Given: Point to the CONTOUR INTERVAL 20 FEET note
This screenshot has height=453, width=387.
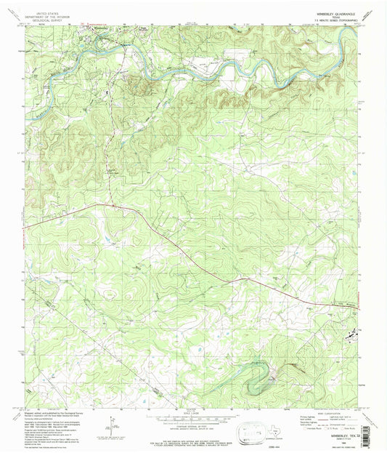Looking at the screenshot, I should (193, 428).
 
